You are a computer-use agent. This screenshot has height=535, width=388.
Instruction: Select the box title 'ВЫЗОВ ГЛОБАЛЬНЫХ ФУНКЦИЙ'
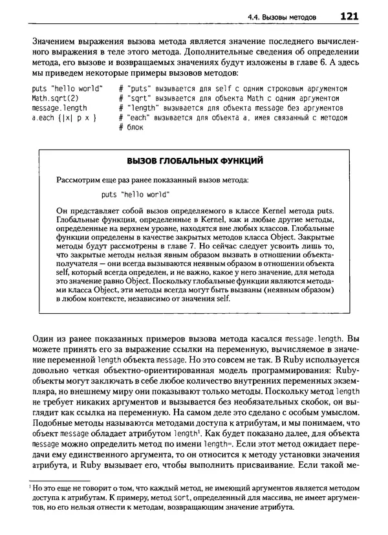click(x=195, y=160)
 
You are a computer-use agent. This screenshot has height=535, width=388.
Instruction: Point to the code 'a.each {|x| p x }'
click(x=65, y=118)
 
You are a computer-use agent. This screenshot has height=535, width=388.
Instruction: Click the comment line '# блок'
click(x=131, y=128)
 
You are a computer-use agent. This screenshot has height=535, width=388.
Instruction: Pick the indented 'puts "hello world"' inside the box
click(x=136, y=193)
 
